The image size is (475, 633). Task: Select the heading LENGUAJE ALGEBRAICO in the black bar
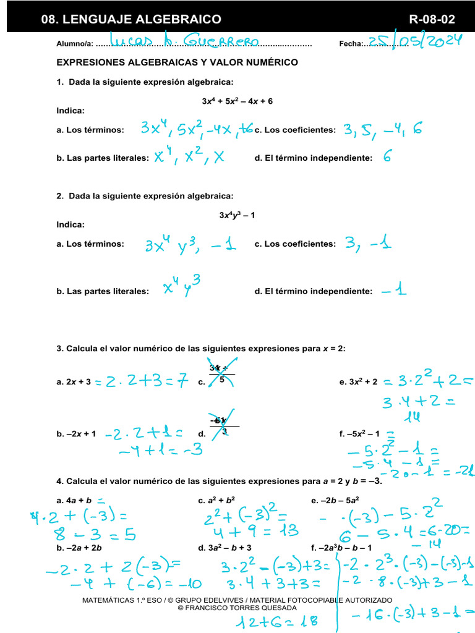[x=131, y=19]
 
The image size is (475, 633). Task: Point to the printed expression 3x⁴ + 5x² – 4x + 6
[x=237, y=101]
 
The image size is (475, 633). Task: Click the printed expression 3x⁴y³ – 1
[x=237, y=215]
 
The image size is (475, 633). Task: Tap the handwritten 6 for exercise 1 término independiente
[x=387, y=157]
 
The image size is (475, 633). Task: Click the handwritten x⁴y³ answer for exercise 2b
[x=181, y=286]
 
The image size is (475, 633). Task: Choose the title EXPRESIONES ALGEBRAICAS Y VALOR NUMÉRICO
[x=178, y=62]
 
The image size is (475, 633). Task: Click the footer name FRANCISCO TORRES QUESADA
[x=237, y=608]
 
